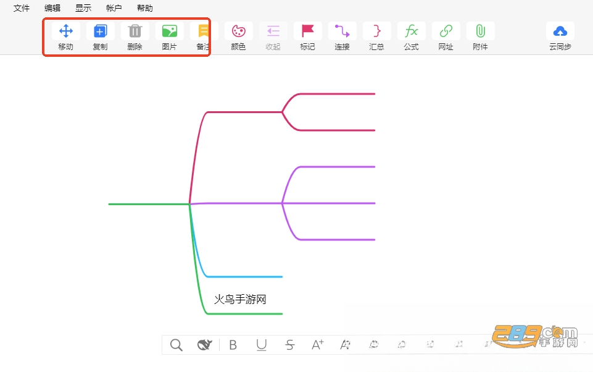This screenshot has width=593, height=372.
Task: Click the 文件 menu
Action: pos(22,8)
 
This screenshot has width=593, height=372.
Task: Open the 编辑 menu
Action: pos(52,8)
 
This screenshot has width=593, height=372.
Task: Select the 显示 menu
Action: pos(83,8)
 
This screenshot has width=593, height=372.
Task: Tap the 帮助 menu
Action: pos(145,8)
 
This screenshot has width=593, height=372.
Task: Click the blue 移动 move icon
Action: pos(66,31)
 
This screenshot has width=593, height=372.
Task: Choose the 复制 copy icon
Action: pos(100,31)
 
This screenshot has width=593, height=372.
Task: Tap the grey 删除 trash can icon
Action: pos(135,31)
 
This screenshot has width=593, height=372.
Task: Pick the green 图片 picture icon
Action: pos(170,31)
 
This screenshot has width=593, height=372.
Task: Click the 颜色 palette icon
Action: pos(239,31)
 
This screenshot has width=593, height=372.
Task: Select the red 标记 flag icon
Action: pos(308,31)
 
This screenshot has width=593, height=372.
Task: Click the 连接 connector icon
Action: pos(342,31)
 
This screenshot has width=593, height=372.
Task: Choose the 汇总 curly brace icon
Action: pos(376,31)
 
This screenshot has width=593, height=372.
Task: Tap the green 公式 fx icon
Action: pos(412,31)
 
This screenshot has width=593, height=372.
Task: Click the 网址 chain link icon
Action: pos(446,31)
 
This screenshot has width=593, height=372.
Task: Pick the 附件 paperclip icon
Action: pos(480,31)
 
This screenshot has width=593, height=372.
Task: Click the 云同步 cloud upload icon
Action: pos(560,31)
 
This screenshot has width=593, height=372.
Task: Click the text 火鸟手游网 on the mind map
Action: pos(240,299)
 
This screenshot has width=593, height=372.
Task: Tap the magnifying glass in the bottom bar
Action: pos(176,345)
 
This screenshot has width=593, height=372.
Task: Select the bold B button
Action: pos(233,345)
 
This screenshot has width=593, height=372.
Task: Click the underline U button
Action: pos(262,345)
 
